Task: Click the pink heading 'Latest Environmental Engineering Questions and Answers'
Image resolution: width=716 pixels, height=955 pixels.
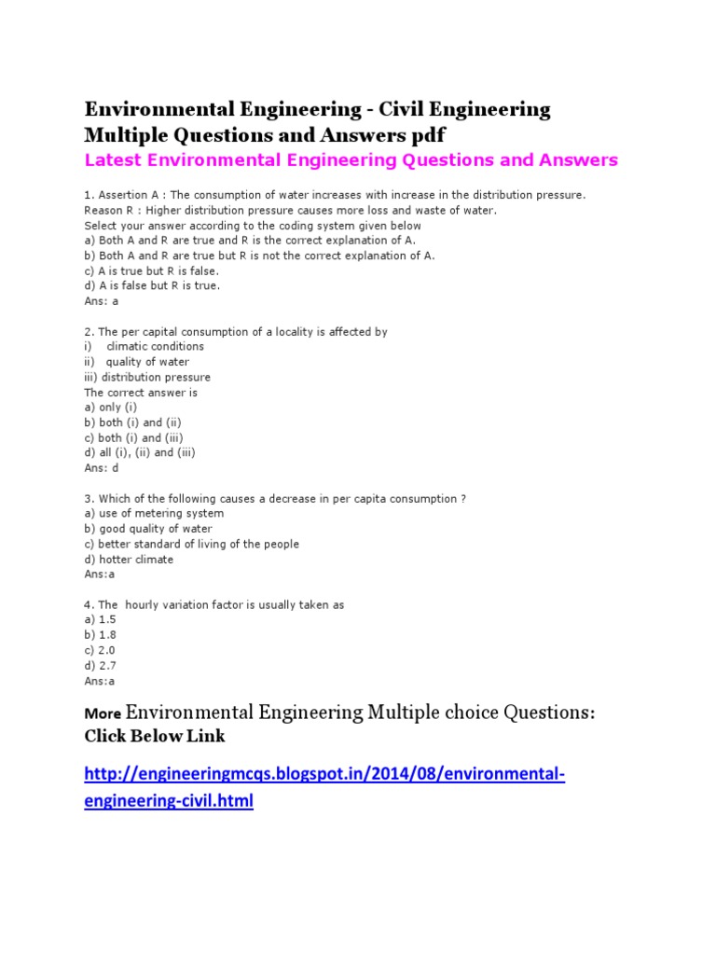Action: click(x=351, y=160)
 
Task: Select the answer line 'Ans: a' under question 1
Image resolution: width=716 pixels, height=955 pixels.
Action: click(x=102, y=301)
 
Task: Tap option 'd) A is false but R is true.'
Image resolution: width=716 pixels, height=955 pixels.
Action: click(x=152, y=285)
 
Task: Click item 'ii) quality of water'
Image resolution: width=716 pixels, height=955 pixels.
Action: click(x=137, y=362)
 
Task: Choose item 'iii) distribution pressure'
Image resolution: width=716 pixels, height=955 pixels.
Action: click(x=147, y=377)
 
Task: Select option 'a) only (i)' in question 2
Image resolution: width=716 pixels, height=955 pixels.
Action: click(x=111, y=408)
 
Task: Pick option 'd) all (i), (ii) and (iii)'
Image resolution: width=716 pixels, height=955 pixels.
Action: click(x=140, y=452)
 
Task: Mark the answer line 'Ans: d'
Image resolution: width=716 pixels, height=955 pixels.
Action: click(x=102, y=468)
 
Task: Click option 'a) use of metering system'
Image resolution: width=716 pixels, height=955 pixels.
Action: click(x=154, y=513)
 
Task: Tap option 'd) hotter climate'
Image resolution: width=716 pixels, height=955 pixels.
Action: click(x=129, y=560)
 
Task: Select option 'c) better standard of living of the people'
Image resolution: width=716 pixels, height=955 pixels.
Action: click(x=191, y=544)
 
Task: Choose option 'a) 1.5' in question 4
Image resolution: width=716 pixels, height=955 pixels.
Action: click(x=100, y=619)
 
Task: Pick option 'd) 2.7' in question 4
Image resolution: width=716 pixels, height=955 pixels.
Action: click(x=100, y=665)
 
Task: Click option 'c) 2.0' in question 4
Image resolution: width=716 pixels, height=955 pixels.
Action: click(x=100, y=650)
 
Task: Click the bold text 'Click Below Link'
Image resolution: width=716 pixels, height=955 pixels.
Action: click(x=155, y=736)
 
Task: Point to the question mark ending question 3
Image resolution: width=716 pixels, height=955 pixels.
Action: click(x=463, y=499)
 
